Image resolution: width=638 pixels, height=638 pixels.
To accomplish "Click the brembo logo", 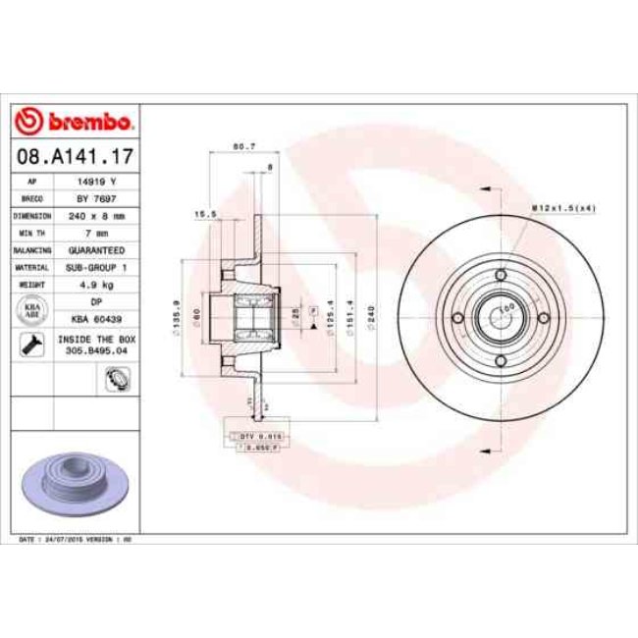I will pos(76,122).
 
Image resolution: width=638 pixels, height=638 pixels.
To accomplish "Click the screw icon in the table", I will pos(31,343).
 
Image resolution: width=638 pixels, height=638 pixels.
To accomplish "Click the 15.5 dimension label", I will pos(204,213).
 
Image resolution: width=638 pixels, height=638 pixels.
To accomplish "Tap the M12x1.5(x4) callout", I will pos(563,207).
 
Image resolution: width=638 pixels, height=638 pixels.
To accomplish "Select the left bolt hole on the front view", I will pos(457,317).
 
